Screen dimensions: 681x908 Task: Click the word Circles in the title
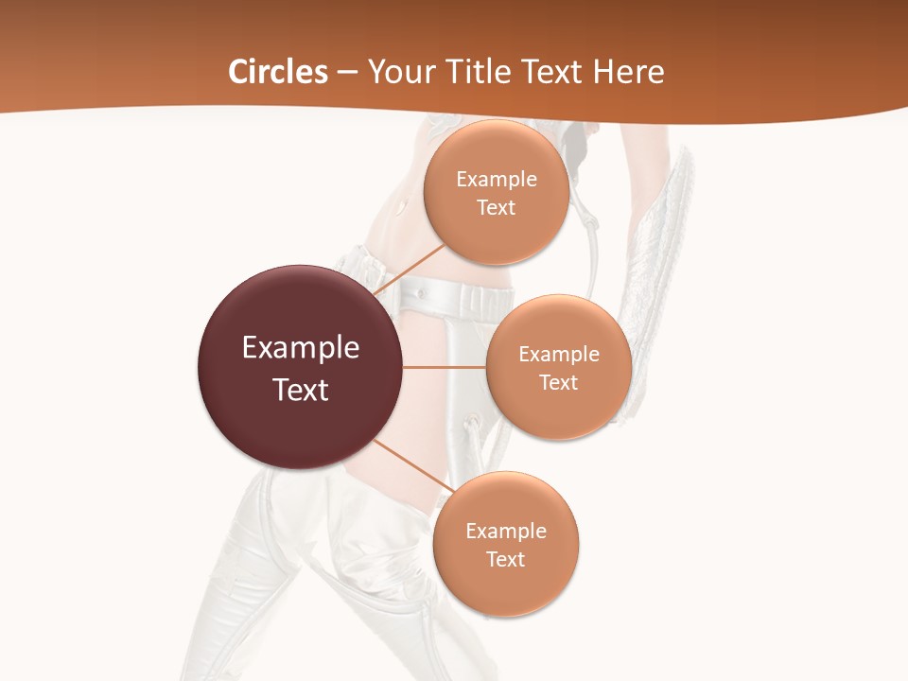277,72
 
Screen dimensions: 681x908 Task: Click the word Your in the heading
397,72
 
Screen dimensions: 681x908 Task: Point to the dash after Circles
347,73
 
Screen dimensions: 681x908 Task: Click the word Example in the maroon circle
301,348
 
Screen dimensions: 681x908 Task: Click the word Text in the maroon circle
301,390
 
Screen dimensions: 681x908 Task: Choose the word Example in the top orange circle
497,180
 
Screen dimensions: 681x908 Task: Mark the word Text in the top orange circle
496,208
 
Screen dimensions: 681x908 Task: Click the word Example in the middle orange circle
559,355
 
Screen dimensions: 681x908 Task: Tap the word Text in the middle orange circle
558,383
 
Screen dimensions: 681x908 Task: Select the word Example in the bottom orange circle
506,532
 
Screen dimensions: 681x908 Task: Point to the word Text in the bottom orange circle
505,560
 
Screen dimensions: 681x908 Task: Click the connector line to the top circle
409,269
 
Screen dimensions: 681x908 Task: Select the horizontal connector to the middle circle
445,367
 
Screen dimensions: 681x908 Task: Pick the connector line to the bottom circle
411,467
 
